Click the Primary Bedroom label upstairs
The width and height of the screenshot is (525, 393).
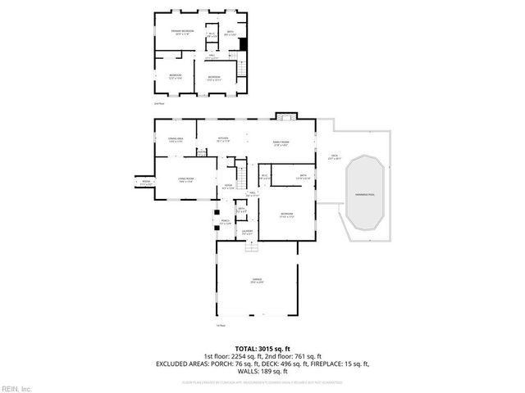click(182, 32)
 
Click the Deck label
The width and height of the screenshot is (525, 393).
click(334, 156)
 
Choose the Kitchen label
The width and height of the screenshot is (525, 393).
click(223, 139)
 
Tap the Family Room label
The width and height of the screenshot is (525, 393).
click(281, 142)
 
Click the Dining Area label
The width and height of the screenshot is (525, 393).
click(175, 140)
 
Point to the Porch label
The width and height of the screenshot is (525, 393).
click(225, 222)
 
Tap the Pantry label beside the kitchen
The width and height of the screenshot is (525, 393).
click(201, 151)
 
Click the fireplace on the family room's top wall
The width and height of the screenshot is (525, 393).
click(284, 115)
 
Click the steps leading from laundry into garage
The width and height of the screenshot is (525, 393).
click(247, 243)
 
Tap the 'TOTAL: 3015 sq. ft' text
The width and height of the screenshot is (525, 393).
click(262, 347)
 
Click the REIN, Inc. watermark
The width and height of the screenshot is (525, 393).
click(16, 387)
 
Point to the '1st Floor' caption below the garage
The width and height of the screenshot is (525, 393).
click(220, 327)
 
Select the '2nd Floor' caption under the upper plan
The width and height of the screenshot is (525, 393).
click(159, 104)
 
